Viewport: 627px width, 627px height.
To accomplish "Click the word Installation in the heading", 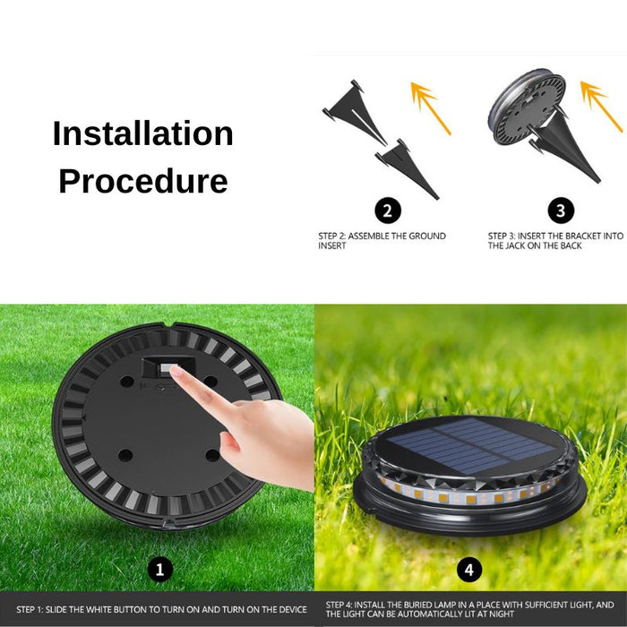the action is (142, 133).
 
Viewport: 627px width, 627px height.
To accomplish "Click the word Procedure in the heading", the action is (143, 181).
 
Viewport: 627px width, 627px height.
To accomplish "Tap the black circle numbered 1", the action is (160, 570).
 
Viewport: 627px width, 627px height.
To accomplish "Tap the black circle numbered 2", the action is (388, 210).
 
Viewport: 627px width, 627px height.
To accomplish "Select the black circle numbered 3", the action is (561, 210).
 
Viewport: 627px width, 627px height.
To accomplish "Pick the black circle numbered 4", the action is (469, 570).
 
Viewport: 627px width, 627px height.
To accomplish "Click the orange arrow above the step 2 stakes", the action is (431, 108).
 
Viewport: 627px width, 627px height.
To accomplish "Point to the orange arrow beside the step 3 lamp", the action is (601, 107).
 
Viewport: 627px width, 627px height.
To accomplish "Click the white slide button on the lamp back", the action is (165, 368).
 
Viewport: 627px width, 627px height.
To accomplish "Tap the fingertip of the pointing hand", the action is (175, 371).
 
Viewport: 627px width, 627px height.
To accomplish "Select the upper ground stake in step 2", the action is (355, 113).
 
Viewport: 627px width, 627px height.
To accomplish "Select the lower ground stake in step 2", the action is (407, 169).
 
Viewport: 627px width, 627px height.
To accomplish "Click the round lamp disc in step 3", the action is (527, 107).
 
